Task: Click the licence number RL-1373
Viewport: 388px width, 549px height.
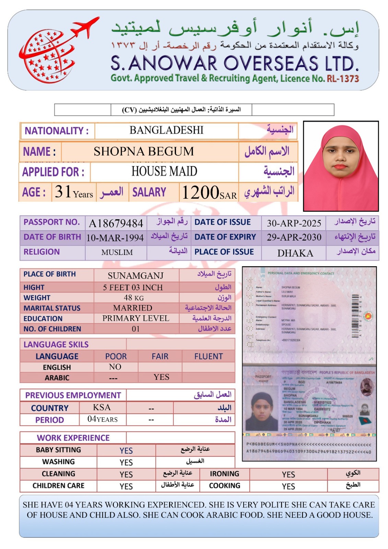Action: [x=343, y=79]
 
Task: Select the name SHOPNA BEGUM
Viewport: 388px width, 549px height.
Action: [x=144, y=151]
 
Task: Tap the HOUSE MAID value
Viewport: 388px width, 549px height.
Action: [x=164, y=171]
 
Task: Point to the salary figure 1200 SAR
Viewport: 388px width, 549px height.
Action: [x=209, y=192]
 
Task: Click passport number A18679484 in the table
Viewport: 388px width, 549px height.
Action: [x=116, y=223]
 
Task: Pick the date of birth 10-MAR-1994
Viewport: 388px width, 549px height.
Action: [x=115, y=238]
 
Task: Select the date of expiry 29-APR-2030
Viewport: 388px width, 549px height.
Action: [x=294, y=237]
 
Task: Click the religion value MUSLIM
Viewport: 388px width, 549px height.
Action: [x=117, y=253]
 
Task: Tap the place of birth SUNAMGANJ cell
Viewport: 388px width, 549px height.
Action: [x=136, y=276]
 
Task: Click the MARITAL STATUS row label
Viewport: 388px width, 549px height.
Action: [x=52, y=308]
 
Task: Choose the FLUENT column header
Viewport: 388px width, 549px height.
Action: [x=208, y=357]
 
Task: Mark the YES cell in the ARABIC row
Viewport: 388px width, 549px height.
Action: [x=161, y=377]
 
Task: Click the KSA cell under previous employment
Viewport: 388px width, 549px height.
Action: [x=102, y=407]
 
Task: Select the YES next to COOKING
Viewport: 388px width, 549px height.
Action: [x=288, y=486]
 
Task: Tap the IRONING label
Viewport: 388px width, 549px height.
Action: [x=224, y=474]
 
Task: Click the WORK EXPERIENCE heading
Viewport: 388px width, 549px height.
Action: [x=73, y=438]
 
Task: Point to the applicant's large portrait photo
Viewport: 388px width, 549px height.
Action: [x=341, y=166]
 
